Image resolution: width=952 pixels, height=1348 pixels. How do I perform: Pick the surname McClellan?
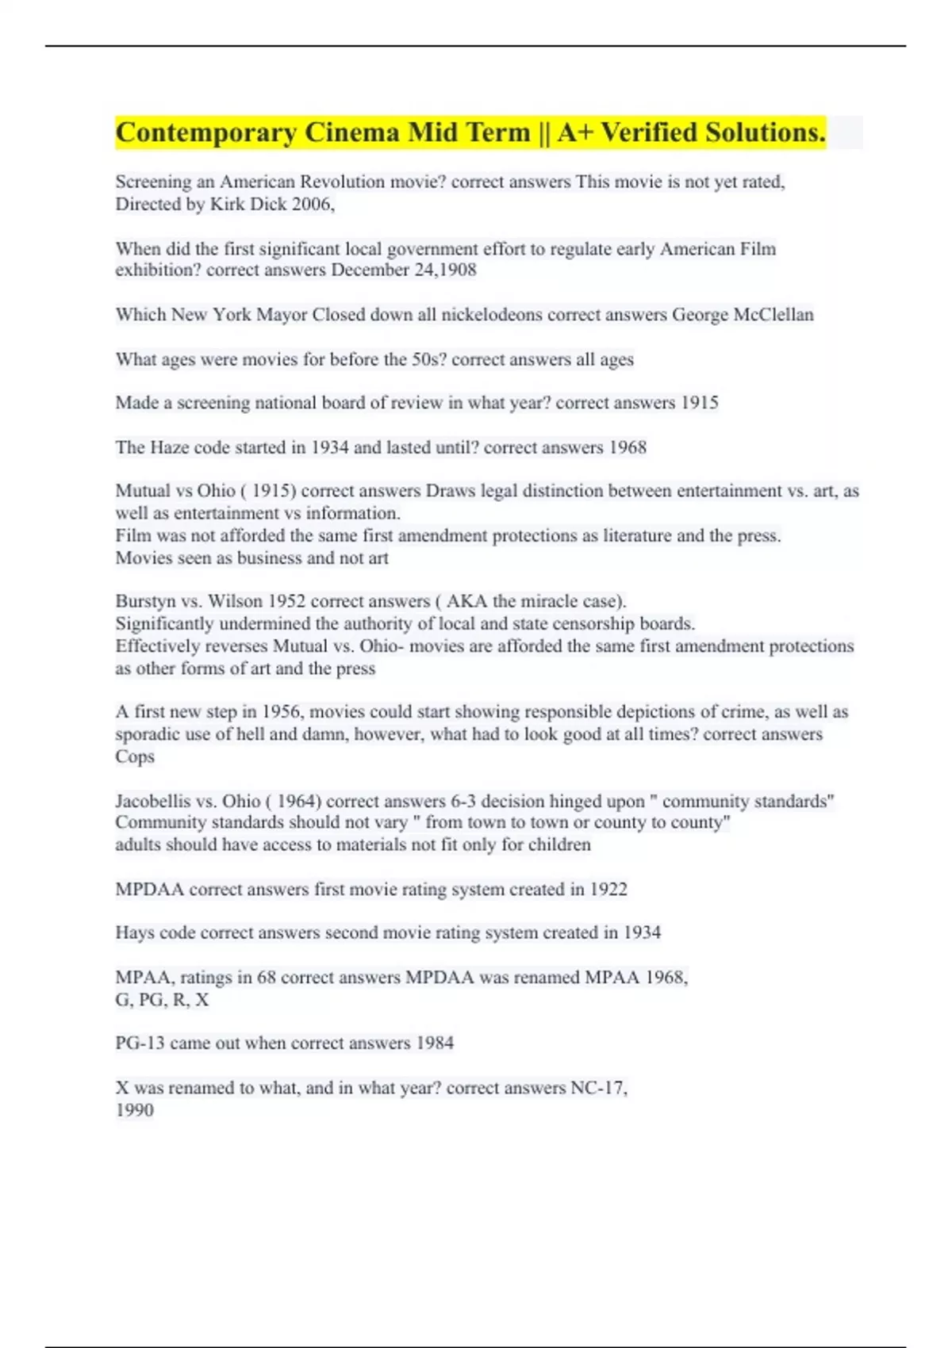click(x=773, y=315)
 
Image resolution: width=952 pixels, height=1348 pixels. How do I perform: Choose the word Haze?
click(x=169, y=447)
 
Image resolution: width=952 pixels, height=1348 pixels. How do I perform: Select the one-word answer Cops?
click(x=135, y=756)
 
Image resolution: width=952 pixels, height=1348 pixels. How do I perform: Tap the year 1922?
click(x=608, y=889)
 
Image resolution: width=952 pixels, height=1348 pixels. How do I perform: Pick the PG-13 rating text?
click(x=140, y=1043)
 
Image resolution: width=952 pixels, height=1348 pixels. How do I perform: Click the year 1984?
click(x=435, y=1043)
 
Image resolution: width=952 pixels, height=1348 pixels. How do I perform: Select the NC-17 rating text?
click(x=598, y=1088)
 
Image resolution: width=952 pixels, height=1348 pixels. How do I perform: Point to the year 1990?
click(x=134, y=1110)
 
